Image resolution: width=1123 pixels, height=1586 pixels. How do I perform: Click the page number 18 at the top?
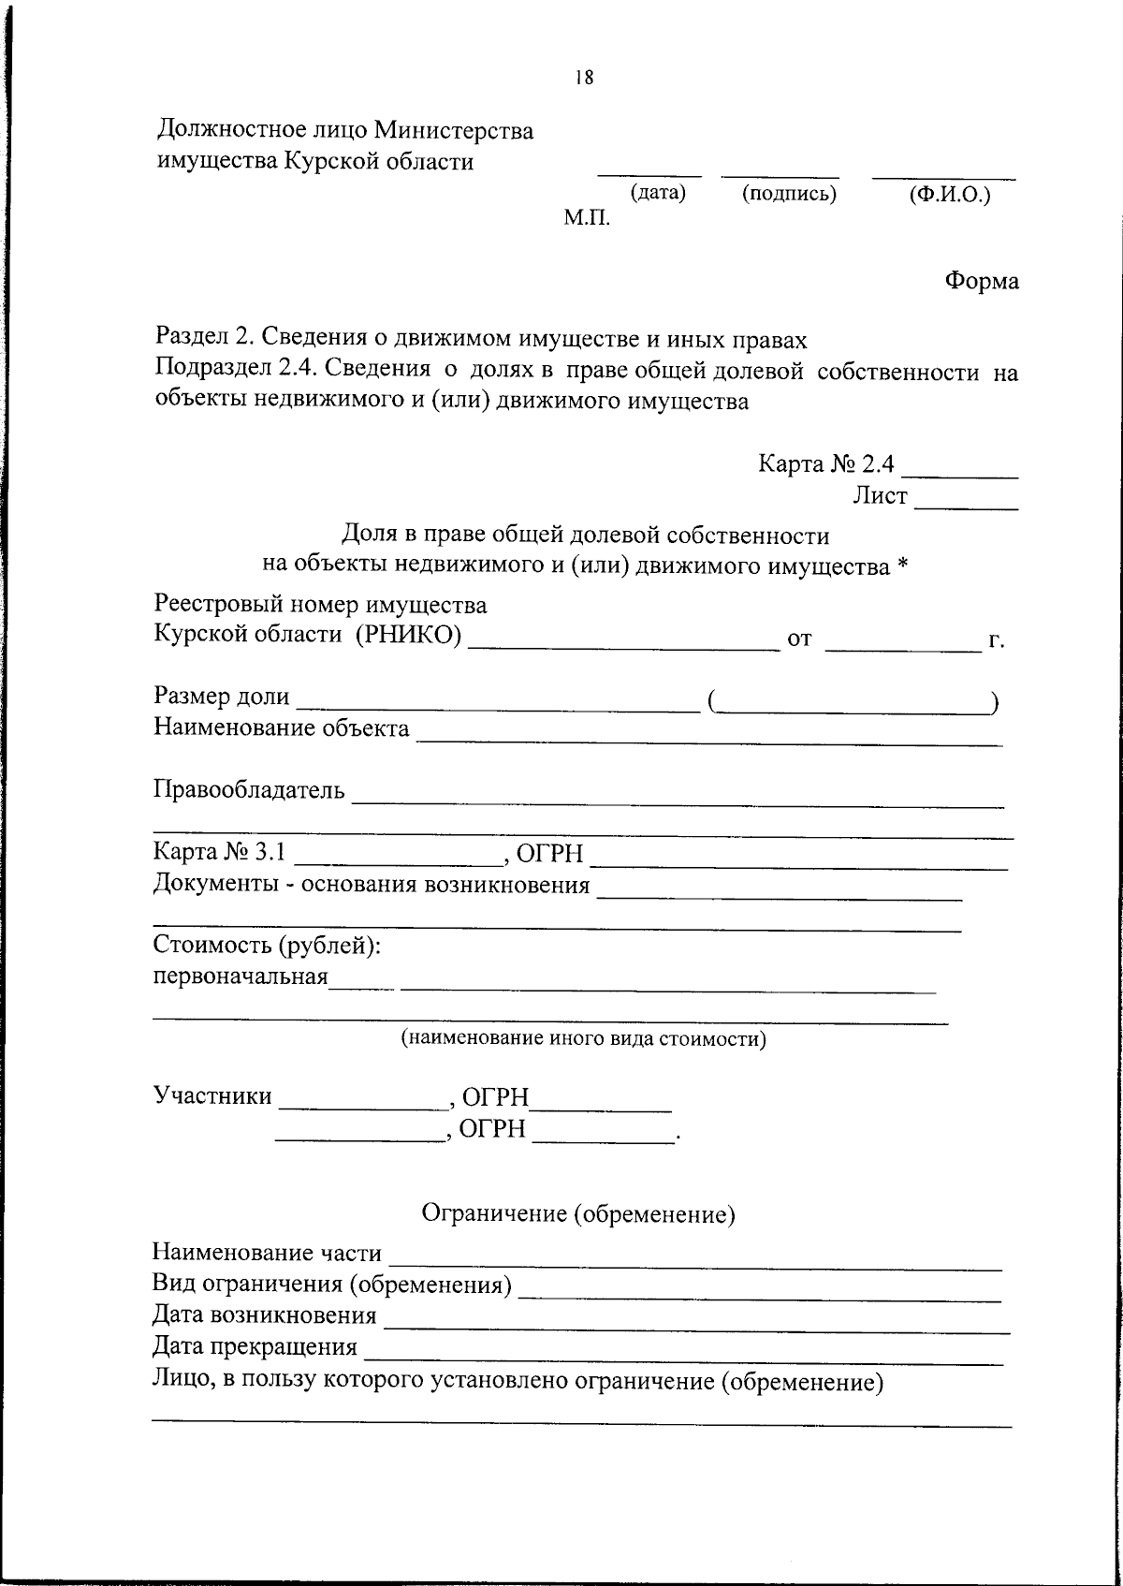coord(584,79)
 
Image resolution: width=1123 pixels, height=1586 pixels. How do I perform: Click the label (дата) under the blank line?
coord(658,193)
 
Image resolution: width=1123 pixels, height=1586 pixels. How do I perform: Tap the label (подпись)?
coord(788,194)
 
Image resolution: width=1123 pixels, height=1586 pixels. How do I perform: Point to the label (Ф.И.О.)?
coord(949,196)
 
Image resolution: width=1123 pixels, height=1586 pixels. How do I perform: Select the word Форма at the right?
coord(981,280)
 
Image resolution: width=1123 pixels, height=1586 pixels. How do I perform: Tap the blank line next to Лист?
coord(966,507)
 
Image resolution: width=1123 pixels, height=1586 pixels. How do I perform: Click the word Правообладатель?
coord(249,790)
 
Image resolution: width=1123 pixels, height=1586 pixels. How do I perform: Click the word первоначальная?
coord(241,977)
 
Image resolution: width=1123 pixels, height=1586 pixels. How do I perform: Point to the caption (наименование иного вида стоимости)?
coord(583,1038)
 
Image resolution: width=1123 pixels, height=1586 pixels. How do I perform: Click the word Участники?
coord(212,1096)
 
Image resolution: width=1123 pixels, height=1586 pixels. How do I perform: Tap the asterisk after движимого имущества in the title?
coord(902,565)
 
